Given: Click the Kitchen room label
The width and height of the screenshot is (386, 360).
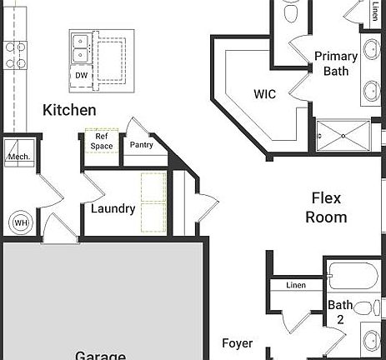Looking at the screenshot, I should (x=69, y=110).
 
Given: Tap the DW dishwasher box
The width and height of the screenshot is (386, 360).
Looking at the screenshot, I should (x=81, y=76).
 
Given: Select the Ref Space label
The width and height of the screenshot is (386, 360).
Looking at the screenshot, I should (x=102, y=142).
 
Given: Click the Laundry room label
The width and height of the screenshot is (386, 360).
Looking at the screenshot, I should (x=113, y=208).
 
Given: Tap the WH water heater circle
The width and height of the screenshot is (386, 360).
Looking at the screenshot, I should (x=19, y=222).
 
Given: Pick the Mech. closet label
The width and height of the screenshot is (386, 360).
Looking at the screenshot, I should (x=18, y=157).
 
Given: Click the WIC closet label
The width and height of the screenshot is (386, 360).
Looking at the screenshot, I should (x=264, y=94).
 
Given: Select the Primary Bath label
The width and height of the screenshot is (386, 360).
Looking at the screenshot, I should (x=336, y=63).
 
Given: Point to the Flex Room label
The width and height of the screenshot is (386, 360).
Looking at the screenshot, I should (x=326, y=207).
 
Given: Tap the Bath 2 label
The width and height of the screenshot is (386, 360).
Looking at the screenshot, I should (x=339, y=312).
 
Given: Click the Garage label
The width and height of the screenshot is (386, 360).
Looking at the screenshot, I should (x=100, y=355).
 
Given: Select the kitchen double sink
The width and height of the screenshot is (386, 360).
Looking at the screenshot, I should (x=81, y=47).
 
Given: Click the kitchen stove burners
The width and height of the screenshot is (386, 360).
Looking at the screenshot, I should (x=16, y=54).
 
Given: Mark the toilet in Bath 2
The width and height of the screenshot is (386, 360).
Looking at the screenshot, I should (x=364, y=308).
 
